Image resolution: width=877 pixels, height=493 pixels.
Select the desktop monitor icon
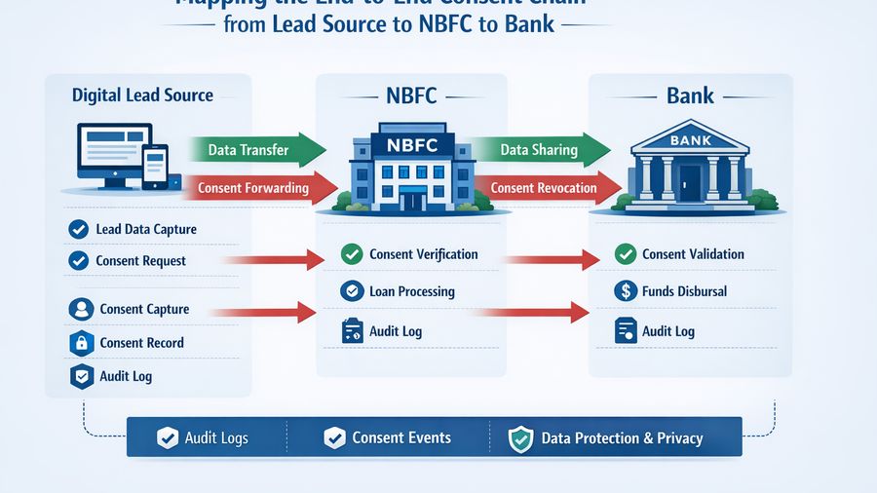click(x=113, y=153)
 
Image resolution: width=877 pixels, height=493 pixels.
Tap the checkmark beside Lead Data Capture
click(x=78, y=230)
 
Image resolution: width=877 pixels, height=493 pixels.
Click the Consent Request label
click(x=140, y=261)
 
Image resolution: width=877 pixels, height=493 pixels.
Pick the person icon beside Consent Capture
click(x=80, y=310)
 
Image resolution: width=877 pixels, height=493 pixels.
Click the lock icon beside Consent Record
click(x=80, y=343)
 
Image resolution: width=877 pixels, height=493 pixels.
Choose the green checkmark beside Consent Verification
click(x=352, y=255)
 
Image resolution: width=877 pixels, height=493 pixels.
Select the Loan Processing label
click(x=411, y=291)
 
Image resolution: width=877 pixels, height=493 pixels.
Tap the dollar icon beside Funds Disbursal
click(x=626, y=291)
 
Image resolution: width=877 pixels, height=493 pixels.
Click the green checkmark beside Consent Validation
click(x=626, y=255)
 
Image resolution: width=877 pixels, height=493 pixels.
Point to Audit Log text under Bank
click(x=667, y=331)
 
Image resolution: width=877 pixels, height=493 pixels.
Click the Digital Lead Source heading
click(x=142, y=95)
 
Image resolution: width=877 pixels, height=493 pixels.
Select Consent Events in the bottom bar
click(x=401, y=437)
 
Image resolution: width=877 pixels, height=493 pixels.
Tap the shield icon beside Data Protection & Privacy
click(x=521, y=438)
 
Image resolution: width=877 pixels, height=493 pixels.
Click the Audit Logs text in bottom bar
click(x=216, y=437)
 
